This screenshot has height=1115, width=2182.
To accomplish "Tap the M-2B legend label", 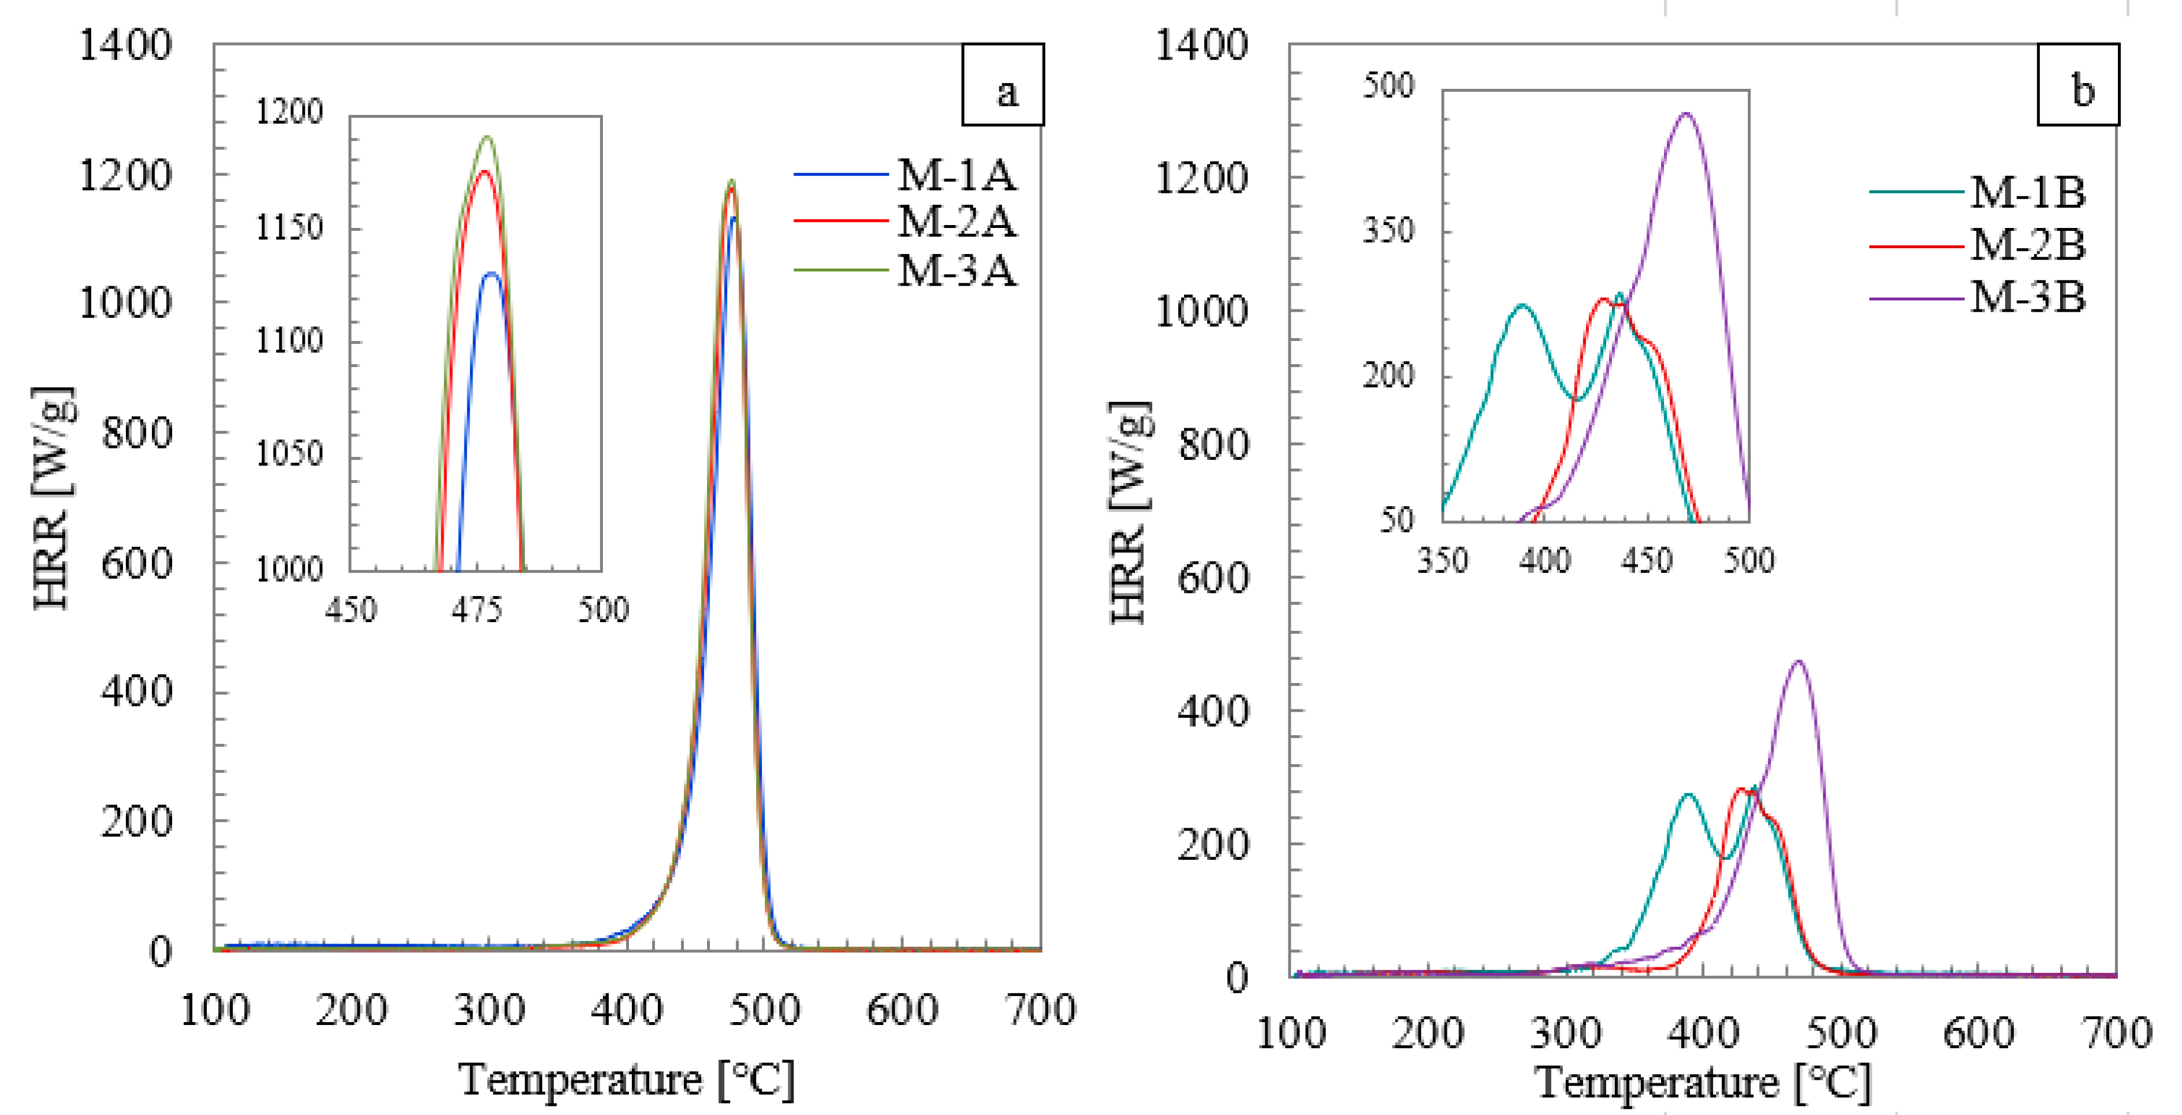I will click(x=2027, y=245).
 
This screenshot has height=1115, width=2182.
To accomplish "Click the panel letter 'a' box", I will click(x=1003, y=85).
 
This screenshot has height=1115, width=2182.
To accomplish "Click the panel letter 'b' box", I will click(x=2078, y=85).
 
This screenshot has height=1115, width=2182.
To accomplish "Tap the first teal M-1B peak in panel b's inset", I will click(x=1522, y=306).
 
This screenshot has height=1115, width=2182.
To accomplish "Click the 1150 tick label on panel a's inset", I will click(x=290, y=227).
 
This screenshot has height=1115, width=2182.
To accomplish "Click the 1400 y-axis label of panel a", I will click(x=125, y=45).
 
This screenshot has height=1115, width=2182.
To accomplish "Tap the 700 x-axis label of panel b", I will click(x=2116, y=1034).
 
